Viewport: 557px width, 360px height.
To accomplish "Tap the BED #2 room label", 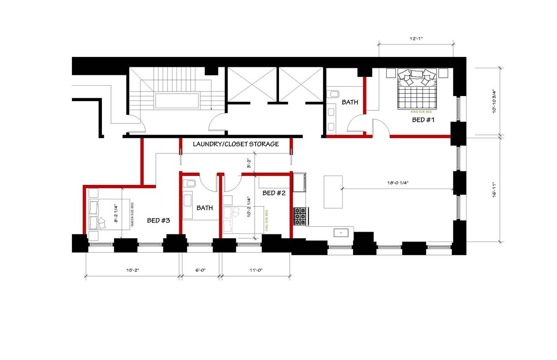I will click(x=274, y=193).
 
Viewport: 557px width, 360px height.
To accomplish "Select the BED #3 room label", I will click(x=159, y=220).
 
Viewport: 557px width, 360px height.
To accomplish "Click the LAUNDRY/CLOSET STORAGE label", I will click(x=236, y=144).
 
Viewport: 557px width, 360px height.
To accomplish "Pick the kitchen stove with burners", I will click(x=300, y=216).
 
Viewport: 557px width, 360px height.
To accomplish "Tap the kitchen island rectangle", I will click(x=333, y=192).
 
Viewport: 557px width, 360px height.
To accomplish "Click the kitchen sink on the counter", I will click(x=341, y=233).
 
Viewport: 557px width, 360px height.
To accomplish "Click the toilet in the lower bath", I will click(x=189, y=184).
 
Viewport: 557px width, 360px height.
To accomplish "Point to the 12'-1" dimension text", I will click(x=416, y=39).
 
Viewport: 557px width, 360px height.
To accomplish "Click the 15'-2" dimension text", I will click(x=133, y=270).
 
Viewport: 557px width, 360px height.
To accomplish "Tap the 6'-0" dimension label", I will click(x=200, y=270).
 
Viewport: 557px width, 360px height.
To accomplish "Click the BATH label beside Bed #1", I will click(x=350, y=102).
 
